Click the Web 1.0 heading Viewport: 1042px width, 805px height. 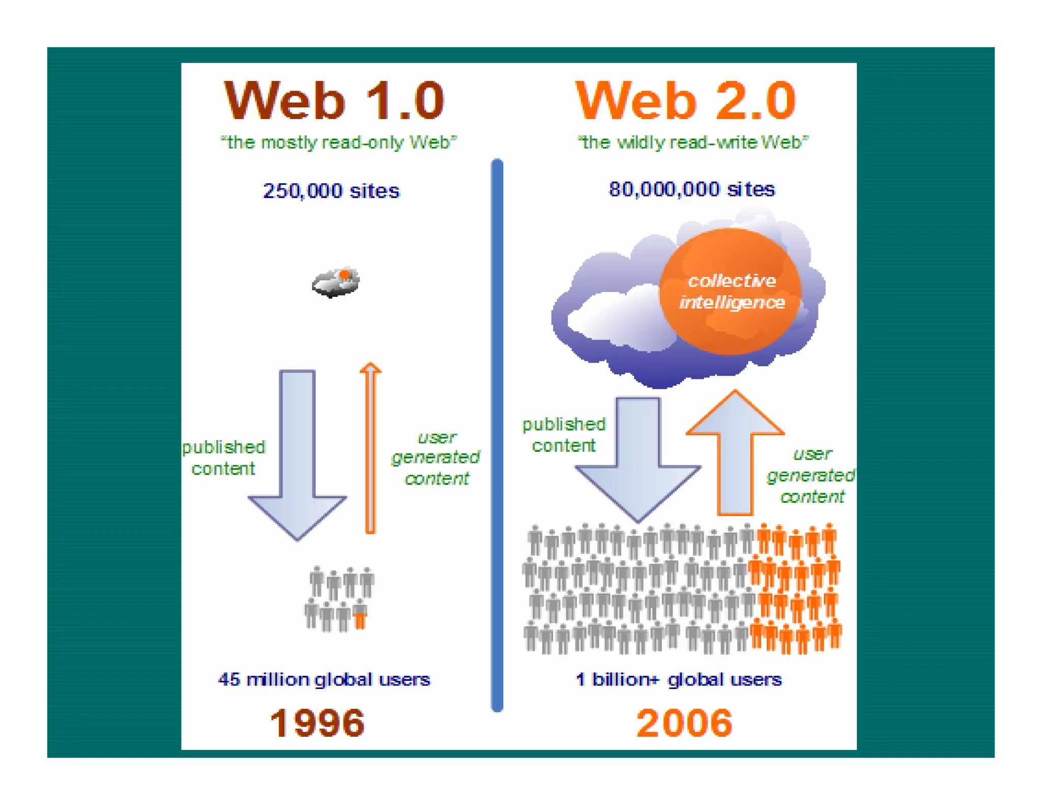[334, 101]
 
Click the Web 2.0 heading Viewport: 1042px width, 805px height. [685, 101]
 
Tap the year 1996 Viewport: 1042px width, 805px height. [317, 723]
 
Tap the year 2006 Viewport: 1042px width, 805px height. [684, 723]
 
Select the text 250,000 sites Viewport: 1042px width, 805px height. [331, 191]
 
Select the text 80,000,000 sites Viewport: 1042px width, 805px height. [691, 189]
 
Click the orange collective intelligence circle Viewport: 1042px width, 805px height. [731, 292]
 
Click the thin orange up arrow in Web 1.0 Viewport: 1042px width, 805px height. [370, 448]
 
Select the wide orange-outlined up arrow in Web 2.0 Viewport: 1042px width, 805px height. [735, 453]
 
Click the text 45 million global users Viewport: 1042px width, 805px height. [324, 679]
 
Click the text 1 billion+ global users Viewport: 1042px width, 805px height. [678, 679]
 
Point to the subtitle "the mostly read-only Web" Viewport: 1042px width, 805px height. [338, 142]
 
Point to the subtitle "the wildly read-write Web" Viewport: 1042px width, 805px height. [692, 142]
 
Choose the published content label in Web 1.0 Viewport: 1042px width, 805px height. [223, 457]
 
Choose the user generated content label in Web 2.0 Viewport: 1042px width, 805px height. [812, 475]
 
